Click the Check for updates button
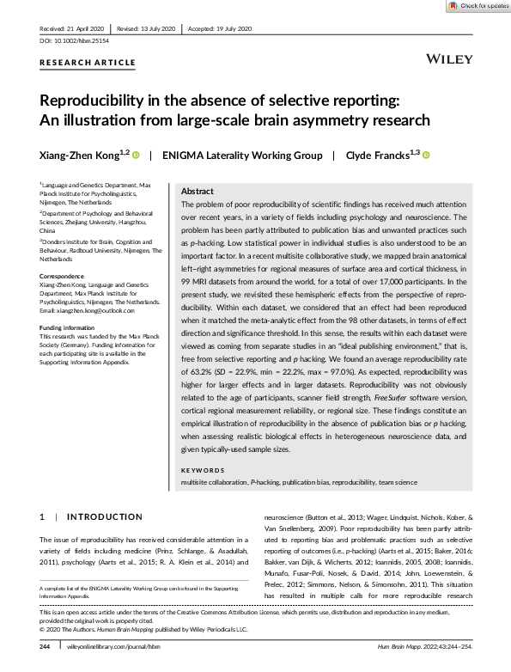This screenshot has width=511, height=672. coord(478,6)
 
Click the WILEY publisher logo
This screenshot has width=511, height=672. coord(447,59)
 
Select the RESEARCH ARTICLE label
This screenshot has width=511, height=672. coord(87,63)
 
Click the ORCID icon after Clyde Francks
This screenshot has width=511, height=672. coord(426,156)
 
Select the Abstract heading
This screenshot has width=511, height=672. coord(198,191)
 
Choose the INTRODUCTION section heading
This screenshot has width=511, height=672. coord(104,516)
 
